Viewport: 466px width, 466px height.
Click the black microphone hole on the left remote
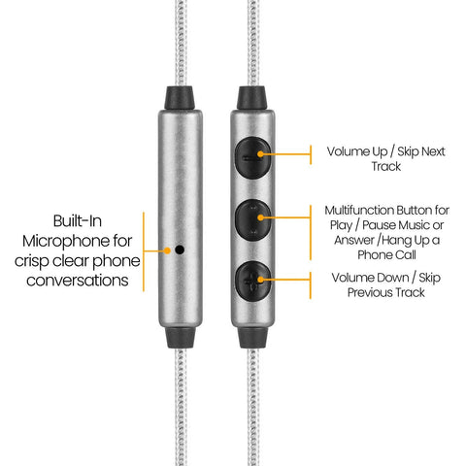coord(180,250)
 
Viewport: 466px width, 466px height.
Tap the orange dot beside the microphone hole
coord(167,250)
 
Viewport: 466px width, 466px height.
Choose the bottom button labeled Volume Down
coord(253,281)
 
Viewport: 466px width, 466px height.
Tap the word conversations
coord(78,281)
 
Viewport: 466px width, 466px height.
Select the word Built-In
coord(78,221)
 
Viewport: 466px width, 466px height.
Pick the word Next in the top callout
coord(433,151)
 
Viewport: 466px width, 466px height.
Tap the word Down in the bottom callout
coord(395,278)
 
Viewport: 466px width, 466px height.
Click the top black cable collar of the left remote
coord(180,98)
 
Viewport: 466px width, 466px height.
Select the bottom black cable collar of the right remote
coord(252,337)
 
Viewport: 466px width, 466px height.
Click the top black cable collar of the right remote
coord(251,98)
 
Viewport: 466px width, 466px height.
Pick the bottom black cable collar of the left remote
coord(181,337)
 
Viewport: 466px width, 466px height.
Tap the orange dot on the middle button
coord(260,217)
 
